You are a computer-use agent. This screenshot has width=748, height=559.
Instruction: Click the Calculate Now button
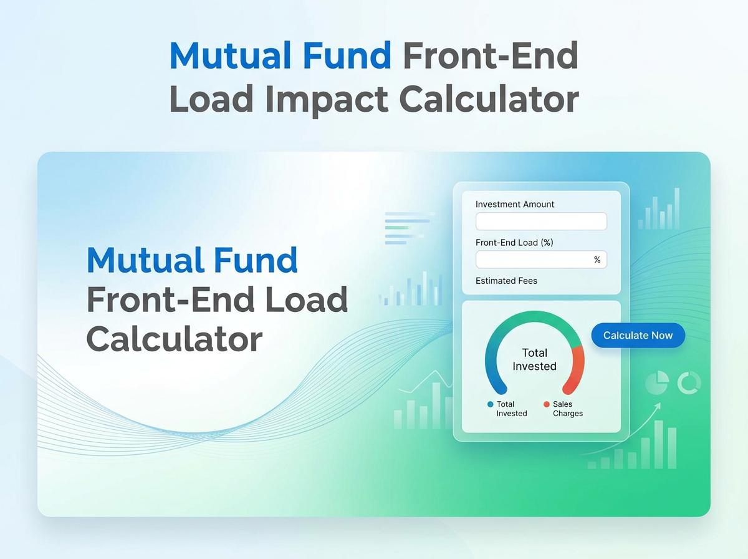pyautogui.click(x=638, y=336)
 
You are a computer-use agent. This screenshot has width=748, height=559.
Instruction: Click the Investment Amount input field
pyautogui.click(x=541, y=221)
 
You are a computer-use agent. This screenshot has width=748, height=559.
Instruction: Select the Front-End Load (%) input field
pyautogui.click(x=533, y=260)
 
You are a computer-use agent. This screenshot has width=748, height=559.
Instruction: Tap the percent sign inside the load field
pyautogui.click(x=597, y=260)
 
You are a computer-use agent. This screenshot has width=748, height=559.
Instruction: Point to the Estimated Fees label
pyautogui.click(x=506, y=281)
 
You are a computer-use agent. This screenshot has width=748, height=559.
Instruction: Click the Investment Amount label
pyautogui.click(x=514, y=204)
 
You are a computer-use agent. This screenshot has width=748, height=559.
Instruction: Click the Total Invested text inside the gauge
pyautogui.click(x=534, y=359)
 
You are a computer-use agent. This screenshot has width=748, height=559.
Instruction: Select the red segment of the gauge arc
pyautogui.click(x=577, y=368)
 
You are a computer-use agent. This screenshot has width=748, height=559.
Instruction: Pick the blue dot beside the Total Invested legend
pyautogui.click(x=490, y=404)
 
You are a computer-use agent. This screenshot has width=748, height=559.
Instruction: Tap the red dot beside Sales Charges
pyautogui.click(x=547, y=404)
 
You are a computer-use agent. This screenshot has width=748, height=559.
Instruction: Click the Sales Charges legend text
pyautogui.click(x=567, y=409)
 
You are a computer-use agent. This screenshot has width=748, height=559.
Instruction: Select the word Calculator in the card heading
pyautogui.click(x=175, y=339)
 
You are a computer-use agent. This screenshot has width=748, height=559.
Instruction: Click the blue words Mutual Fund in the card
pyautogui.click(x=192, y=260)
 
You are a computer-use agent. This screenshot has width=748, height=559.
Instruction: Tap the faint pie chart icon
pyautogui.click(x=656, y=383)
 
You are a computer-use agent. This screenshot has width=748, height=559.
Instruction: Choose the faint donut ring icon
pyautogui.click(x=689, y=383)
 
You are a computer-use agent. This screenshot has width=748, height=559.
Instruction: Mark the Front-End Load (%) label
pyautogui.click(x=514, y=242)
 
